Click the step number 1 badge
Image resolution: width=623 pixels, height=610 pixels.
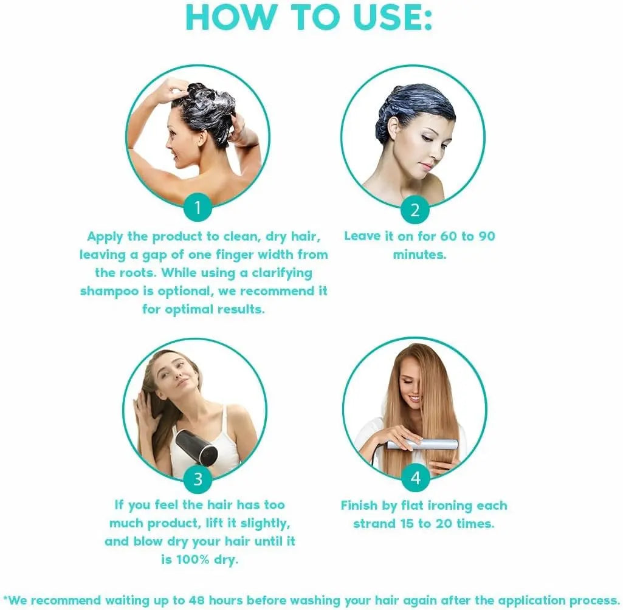coord(197,208)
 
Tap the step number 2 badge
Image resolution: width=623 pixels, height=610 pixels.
coord(415,210)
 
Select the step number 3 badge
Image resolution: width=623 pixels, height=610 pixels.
coord(198,479)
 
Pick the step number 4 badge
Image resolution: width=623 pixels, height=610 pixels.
coord(416,479)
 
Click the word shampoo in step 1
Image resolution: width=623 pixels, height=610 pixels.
coord(108,291)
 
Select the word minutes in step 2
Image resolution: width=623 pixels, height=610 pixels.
coord(419,255)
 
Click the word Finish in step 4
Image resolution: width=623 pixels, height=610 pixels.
coord(363,505)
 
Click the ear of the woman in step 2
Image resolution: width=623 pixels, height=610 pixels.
coord(393,129)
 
